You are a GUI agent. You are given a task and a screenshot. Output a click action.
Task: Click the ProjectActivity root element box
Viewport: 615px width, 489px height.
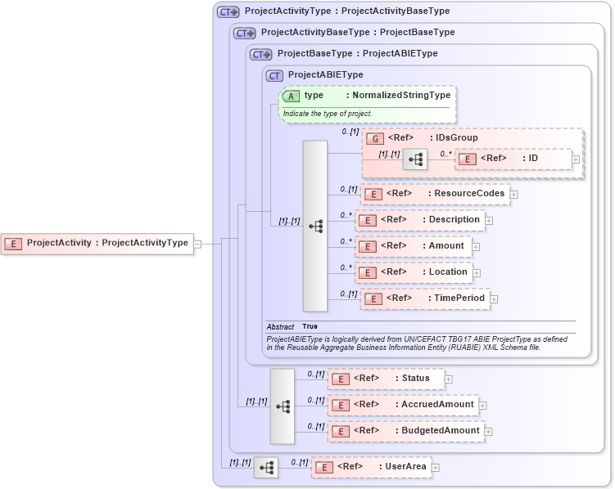[98, 243]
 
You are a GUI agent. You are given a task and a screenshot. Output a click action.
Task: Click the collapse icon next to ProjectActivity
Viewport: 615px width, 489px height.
[197, 243]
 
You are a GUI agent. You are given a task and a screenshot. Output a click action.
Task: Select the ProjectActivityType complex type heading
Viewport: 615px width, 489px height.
[346, 11]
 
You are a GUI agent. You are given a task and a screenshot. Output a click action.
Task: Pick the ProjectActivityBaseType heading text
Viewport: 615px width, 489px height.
[357, 33]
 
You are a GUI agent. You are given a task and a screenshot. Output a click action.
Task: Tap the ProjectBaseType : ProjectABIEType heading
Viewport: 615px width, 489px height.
[357, 54]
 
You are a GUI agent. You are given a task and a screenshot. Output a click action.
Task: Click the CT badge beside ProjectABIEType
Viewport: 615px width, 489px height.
[275, 75]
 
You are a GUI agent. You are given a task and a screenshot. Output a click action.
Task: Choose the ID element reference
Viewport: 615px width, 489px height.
[513, 159]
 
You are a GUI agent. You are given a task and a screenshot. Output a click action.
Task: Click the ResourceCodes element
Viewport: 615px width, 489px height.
[435, 194]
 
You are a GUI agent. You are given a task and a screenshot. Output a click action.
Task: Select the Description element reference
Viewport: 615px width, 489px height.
[420, 220]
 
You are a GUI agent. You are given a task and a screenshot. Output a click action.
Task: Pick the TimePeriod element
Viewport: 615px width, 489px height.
[425, 298]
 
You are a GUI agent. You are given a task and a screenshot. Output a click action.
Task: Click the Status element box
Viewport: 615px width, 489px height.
[386, 379]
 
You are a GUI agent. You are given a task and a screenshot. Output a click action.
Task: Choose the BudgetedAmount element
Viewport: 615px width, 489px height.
[405, 431]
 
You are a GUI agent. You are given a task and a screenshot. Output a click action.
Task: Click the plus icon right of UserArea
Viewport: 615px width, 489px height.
[436, 468]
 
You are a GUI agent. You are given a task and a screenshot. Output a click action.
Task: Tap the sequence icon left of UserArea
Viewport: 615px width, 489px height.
[266, 468]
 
